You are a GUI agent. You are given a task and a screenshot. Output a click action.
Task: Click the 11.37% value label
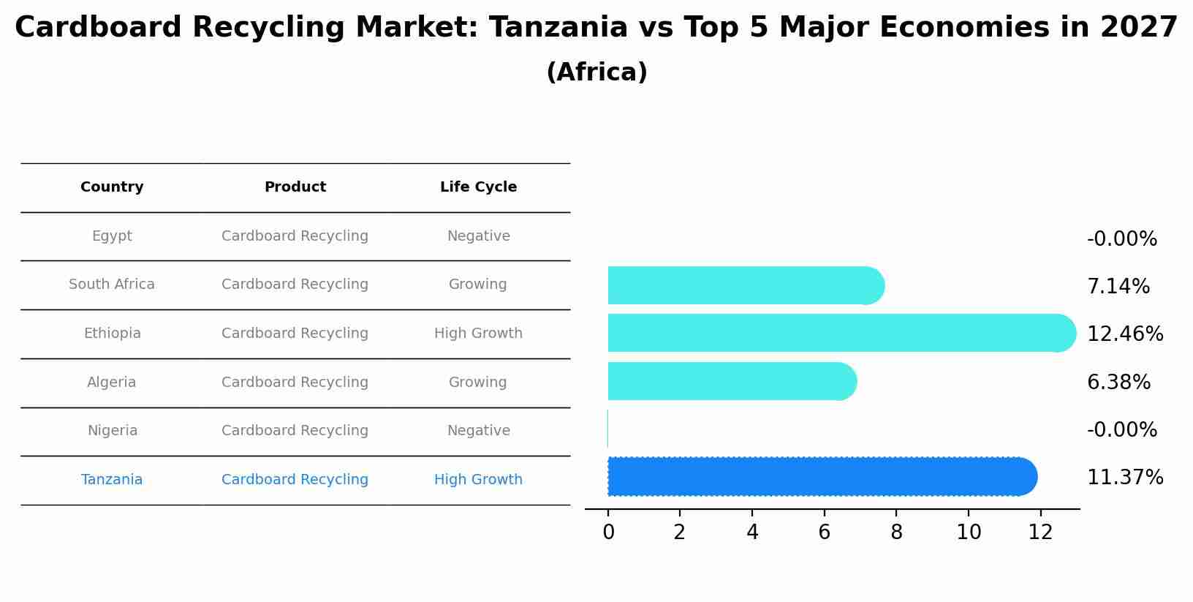[1124, 478]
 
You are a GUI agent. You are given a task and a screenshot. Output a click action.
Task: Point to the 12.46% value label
[1124, 334]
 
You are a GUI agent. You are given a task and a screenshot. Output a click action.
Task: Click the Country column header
[112, 187]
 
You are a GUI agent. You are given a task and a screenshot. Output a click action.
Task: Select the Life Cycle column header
[478, 187]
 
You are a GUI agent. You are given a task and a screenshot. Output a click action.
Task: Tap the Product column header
[295, 187]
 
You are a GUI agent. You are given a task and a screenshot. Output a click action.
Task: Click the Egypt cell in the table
[112, 236]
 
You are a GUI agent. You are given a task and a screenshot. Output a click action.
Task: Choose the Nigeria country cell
[112, 431]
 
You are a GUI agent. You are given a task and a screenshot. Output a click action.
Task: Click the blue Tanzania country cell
[112, 480]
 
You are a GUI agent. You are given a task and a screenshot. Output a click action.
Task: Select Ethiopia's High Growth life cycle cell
[478, 334]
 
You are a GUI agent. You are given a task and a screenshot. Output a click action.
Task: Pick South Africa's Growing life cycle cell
[477, 285]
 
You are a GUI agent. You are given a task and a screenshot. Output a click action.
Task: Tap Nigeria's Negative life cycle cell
[478, 431]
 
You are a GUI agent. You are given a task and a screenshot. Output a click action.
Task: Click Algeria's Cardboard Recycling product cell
[295, 383]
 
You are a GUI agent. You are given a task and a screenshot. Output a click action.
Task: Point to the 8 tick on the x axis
[896, 533]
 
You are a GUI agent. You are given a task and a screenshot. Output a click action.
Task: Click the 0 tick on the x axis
[608, 533]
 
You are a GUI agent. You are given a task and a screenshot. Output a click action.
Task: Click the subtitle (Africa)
[596, 72]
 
